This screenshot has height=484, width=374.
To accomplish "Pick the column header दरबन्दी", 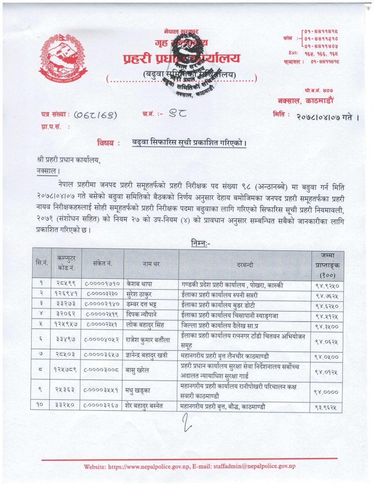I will (x=245, y=265).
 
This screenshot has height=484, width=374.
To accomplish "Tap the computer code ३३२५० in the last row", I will (x=66, y=405).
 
